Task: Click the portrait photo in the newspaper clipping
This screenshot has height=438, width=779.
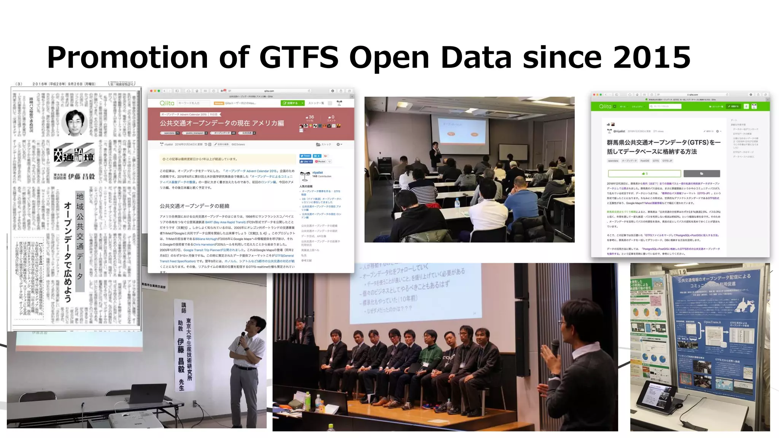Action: click(x=75, y=122)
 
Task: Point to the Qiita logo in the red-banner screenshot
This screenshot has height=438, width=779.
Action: click(x=167, y=103)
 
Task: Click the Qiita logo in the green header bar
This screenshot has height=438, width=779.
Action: click(x=605, y=106)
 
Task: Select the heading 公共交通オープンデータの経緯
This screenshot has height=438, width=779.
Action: click(x=194, y=206)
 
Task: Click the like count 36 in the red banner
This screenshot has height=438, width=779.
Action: click(x=311, y=117)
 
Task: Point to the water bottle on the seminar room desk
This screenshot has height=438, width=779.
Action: click(x=457, y=203)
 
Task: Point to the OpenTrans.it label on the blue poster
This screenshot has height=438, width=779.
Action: click(x=712, y=322)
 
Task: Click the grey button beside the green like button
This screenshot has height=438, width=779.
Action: click(x=701, y=174)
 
